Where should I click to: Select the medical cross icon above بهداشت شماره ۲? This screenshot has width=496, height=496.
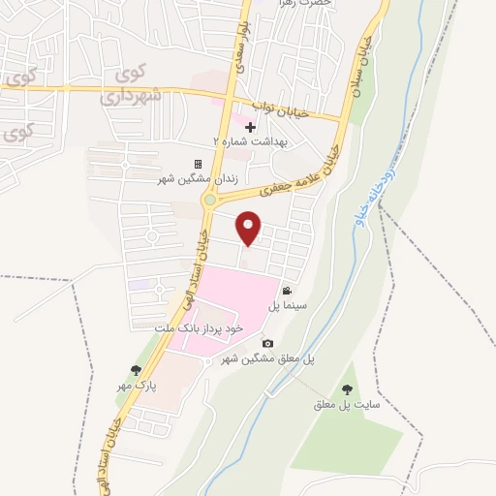click(250, 127)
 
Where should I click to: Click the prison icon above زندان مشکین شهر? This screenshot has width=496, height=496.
click(199, 165)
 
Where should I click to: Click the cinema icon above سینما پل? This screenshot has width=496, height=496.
click(287, 291)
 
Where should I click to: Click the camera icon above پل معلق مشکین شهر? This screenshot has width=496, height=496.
click(267, 344)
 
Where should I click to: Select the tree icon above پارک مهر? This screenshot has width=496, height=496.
click(137, 369)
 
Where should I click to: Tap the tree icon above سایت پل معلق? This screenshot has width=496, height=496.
click(347, 388)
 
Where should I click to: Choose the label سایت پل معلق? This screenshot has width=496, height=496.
click(337, 404)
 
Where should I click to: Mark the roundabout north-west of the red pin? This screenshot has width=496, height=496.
click(209, 201)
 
